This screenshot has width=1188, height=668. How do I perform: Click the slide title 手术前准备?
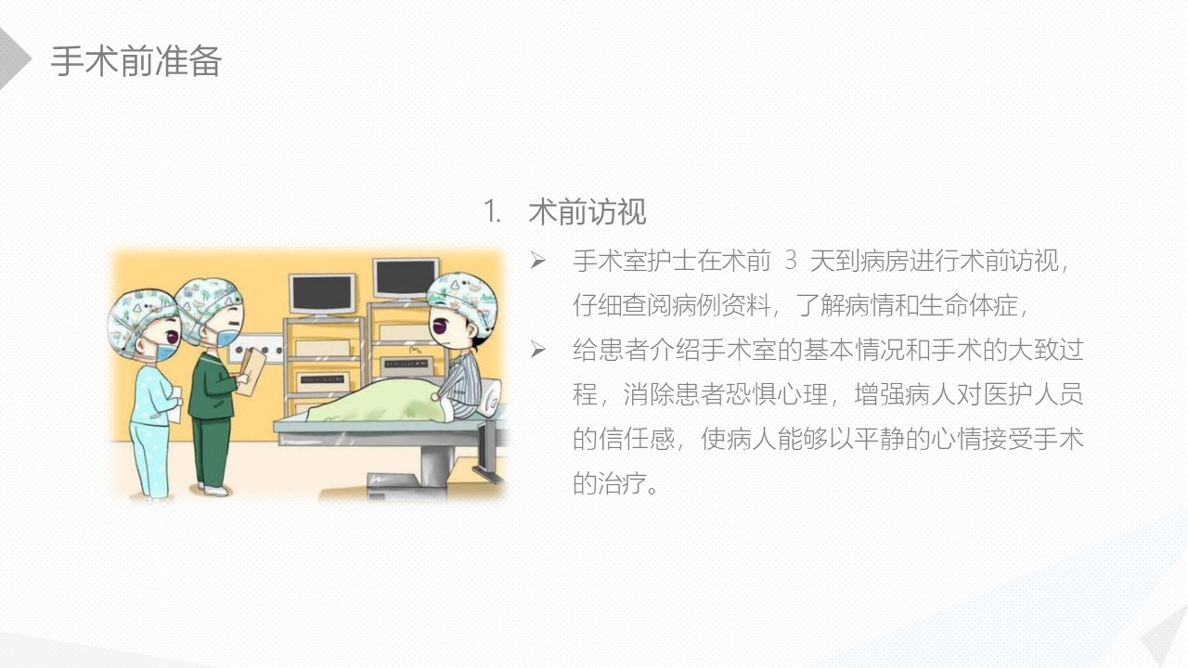click(x=136, y=61)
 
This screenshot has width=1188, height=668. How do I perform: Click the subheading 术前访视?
click(x=588, y=212)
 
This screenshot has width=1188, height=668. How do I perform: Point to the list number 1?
click(x=492, y=212)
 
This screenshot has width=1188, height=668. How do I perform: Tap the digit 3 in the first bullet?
click(x=790, y=261)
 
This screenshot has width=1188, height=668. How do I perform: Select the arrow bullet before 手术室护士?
click(x=537, y=261)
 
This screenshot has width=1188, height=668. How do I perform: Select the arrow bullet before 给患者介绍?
click(x=537, y=350)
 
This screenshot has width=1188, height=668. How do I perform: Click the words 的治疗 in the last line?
click(x=610, y=483)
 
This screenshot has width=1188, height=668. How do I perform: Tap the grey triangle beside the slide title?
click(x=12, y=58)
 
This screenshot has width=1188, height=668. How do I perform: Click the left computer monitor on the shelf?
click(x=322, y=294)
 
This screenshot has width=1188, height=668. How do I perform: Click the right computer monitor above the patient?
click(x=406, y=280)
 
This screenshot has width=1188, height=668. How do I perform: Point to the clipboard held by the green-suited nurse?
click(x=252, y=371)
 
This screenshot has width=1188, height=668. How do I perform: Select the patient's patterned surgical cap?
click(x=464, y=300)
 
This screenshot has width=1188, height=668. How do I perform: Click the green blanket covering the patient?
click(x=378, y=402)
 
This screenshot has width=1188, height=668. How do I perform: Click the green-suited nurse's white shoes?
click(x=213, y=489)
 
